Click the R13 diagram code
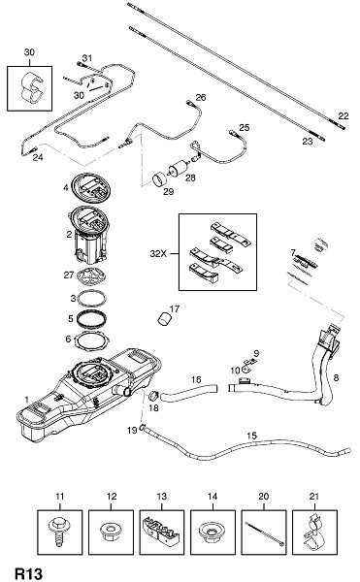point(28,573)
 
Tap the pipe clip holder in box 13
point(161,533)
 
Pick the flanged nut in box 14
point(212,531)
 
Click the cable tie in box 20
point(264,533)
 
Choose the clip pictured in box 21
point(314,533)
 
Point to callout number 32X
point(159,254)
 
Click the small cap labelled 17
point(164,319)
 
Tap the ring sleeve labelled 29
point(160,179)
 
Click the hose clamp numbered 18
point(153,396)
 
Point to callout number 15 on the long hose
point(251,436)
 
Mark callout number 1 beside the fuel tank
point(26,400)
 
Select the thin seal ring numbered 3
point(91,298)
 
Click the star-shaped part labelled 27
point(91,275)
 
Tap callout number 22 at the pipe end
point(344,116)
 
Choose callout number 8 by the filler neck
point(336,378)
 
